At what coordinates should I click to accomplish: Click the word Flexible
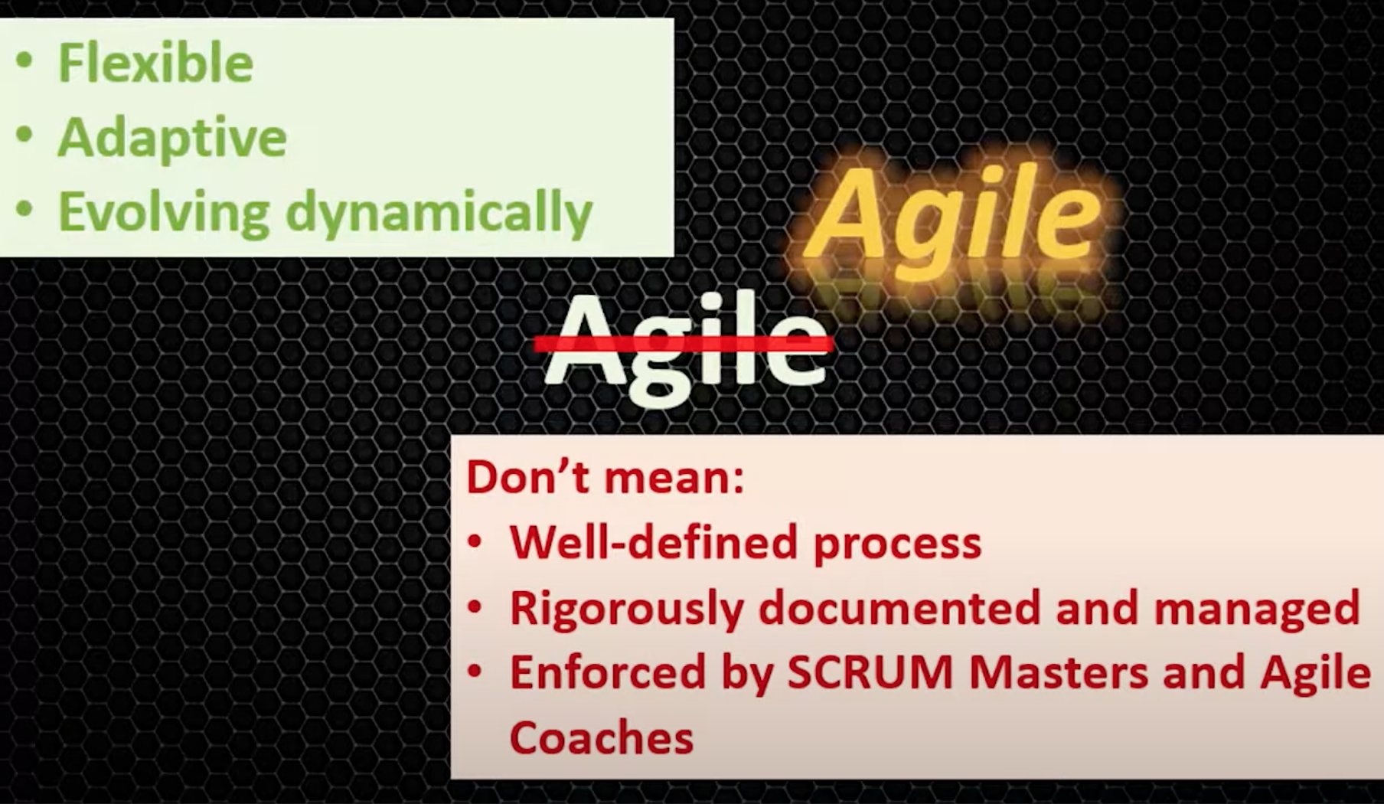coord(155,63)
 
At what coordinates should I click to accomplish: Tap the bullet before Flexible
coord(24,61)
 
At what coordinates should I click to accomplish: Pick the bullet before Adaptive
coord(24,136)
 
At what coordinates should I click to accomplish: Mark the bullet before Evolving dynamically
coord(24,210)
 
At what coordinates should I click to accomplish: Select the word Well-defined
coord(654,543)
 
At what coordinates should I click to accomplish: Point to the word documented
coord(899,608)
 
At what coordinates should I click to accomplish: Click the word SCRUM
coord(870,673)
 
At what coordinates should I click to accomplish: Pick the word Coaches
coord(602,738)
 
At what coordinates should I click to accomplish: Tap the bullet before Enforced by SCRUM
coord(475,672)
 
